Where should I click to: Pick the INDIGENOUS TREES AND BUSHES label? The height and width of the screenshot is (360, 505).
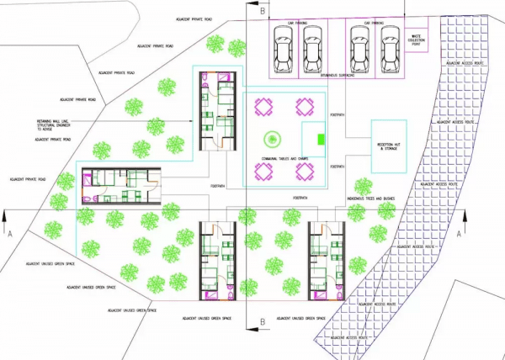tap(374, 199)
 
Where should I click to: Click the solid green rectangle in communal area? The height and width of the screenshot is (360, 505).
tap(320, 139)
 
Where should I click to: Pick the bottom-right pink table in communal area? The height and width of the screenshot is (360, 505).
tap(307, 172)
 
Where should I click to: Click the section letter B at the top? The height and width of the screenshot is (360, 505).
tap(263, 11)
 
